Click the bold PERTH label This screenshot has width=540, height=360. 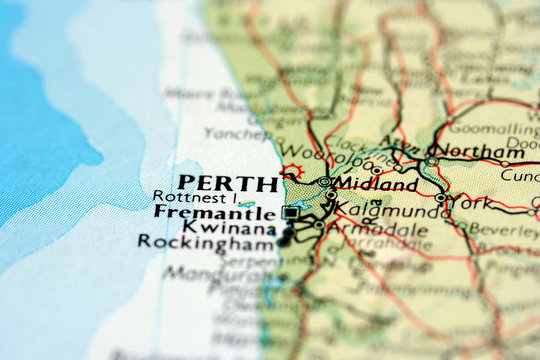pos(228,185)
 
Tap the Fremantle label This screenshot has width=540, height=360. pos(215,213)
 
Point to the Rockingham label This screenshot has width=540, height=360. pos(206,242)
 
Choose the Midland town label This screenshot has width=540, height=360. pos(375,185)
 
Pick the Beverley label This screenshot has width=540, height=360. pos(502,229)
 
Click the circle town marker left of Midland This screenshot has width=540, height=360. pos(325,183)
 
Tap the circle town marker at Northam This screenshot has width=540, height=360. pos(432,160)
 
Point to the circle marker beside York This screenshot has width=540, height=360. pos(441,198)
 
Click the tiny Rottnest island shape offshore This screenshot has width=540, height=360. pos(246,204)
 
